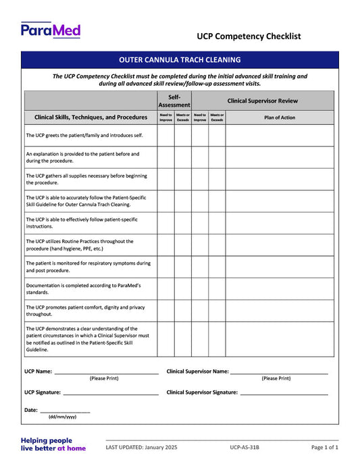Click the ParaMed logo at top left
click(x=51, y=30)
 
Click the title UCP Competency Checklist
click(x=249, y=36)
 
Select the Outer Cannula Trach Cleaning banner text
click(x=180, y=59)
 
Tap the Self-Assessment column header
click(x=174, y=101)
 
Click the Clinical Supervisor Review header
click(x=262, y=101)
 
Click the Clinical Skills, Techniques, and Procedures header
click(x=91, y=117)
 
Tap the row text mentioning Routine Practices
click(x=80, y=244)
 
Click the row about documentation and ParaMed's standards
click(x=83, y=288)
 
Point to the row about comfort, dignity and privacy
click(x=85, y=310)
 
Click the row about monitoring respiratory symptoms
click(x=88, y=266)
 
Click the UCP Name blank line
click(x=106, y=372)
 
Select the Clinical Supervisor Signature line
click(x=284, y=393)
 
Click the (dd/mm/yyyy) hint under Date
click(x=62, y=417)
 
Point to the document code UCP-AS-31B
click(x=244, y=448)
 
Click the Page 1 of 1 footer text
click(x=324, y=448)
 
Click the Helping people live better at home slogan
click(x=53, y=444)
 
